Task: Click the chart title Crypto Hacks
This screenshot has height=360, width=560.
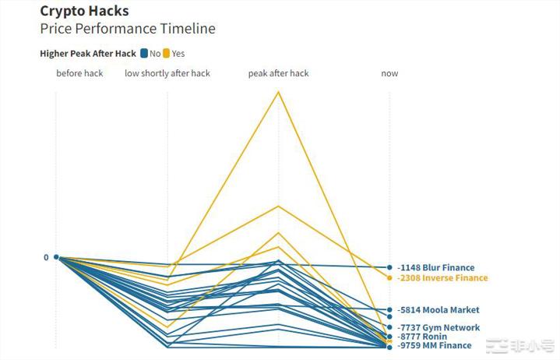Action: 84,12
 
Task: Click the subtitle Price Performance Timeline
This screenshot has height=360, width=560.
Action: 128,29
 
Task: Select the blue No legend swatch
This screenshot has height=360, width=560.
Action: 144,54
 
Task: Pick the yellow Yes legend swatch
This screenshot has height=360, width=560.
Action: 166,54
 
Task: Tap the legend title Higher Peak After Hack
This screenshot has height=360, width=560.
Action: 88,54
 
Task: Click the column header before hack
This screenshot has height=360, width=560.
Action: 79,73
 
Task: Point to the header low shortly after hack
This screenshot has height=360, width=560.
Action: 167,73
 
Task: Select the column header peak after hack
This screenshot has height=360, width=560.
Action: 278,73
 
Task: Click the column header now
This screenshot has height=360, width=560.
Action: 389,73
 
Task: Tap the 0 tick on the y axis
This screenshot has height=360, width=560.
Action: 46,257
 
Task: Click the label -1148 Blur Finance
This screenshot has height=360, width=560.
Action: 435,268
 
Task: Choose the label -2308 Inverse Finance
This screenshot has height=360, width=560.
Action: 442,278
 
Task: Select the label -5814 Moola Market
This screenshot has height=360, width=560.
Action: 438,310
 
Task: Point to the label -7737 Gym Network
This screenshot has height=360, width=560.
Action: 438,328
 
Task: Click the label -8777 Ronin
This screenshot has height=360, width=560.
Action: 422,337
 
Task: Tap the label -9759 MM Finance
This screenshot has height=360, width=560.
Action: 434,346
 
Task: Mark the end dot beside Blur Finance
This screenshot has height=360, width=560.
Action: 389,267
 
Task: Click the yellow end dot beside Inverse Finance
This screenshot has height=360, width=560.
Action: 389,277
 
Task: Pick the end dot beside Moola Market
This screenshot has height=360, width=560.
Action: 389,309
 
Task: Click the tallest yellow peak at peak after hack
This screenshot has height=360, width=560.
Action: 278,92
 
